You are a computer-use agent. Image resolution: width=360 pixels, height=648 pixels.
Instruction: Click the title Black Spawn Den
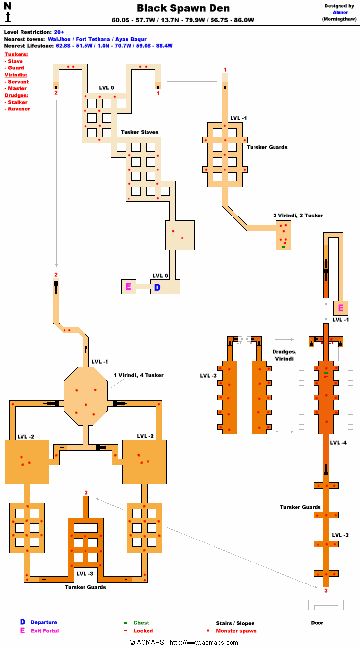point(183,8)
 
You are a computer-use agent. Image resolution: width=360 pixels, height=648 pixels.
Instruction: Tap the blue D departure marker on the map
point(157,287)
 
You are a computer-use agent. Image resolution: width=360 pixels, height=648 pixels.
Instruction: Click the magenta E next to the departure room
point(128,287)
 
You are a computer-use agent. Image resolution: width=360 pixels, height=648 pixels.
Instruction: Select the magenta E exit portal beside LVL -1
point(341,308)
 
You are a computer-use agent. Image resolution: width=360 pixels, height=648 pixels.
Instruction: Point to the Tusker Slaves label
point(140,132)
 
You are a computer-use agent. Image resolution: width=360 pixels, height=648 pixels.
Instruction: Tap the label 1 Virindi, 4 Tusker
point(138,375)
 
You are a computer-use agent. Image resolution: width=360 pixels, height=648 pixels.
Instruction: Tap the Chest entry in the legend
point(141,623)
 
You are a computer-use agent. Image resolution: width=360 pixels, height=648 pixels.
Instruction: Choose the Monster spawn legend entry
point(236,631)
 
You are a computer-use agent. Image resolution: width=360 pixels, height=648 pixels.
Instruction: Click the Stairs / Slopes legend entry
point(235,623)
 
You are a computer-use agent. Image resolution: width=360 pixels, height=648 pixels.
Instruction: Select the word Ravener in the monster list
point(19,109)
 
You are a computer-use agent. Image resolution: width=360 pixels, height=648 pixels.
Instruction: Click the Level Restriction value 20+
point(59,32)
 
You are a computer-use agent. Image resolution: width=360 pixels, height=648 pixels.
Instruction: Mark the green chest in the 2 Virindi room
point(283,247)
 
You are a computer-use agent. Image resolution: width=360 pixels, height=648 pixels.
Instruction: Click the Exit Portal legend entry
point(44,631)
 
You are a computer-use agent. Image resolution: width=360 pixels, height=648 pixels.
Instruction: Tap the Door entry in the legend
point(317,623)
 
